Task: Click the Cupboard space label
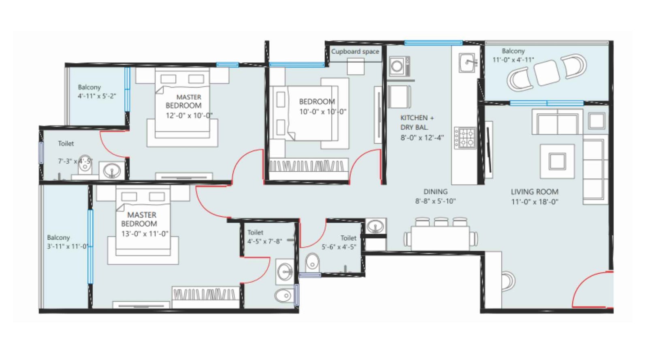(355, 51)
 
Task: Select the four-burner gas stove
(465, 138)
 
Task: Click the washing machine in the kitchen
(398, 66)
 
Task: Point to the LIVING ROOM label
(534, 192)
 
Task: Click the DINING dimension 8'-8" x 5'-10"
(435, 201)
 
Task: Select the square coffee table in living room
(557, 161)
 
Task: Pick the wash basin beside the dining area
(375, 226)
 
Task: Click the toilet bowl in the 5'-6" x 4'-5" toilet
(312, 262)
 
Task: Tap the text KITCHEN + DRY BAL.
(416, 122)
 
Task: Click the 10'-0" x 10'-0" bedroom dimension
(322, 112)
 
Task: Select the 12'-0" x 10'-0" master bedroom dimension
(189, 115)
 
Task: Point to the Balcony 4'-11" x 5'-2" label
(96, 92)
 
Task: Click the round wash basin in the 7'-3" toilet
(111, 170)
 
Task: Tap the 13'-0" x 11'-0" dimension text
(145, 234)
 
